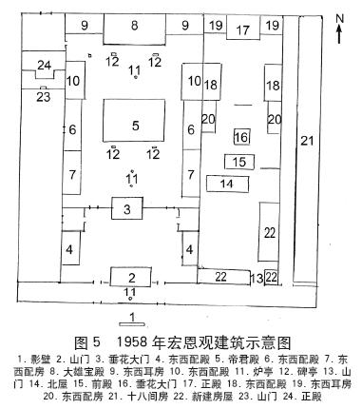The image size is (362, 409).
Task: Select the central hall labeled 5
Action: point(136,125)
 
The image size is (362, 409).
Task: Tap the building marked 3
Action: point(126,208)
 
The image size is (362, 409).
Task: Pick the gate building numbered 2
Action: point(130,277)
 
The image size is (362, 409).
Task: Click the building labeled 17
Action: point(243,30)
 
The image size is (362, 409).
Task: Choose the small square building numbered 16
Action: point(241,138)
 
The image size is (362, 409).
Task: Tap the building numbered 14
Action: point(227,183)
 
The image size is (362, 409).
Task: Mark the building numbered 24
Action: point(43,65)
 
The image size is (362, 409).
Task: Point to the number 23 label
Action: point(43,96)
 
